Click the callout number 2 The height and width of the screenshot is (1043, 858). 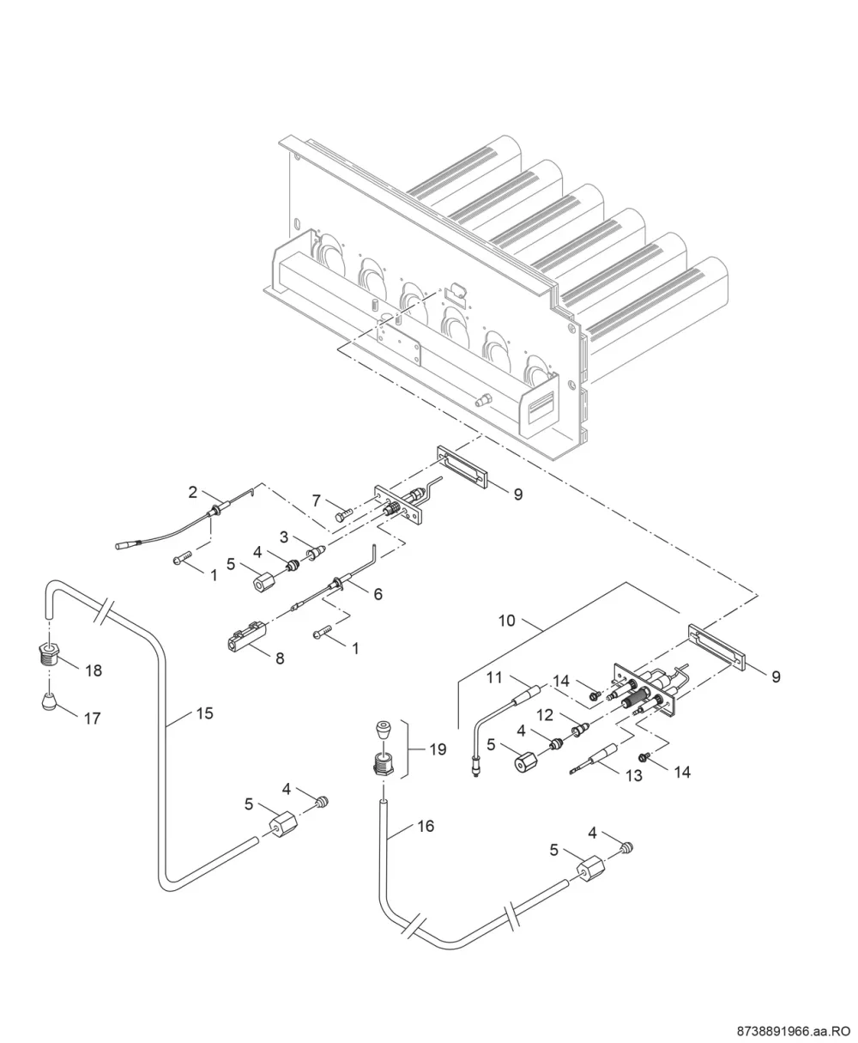tap(193, 492)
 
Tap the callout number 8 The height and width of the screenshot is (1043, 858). tap(281, 658)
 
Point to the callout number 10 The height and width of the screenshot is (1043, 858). tap(507, 621)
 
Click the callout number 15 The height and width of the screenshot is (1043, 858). tap(204, 713)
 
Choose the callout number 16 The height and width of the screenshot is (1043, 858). tap(426, 826)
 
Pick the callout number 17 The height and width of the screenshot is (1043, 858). tap(92, 719)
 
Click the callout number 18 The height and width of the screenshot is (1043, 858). tap(94, 670)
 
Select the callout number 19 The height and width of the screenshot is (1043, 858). tap(438, 749)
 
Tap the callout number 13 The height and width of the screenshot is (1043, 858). tap(634, 775)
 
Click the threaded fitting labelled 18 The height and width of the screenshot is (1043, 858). tap(49, 655)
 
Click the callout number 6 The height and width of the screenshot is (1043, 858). tap(378, 594)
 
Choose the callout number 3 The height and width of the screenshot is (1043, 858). tap(284, 537)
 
